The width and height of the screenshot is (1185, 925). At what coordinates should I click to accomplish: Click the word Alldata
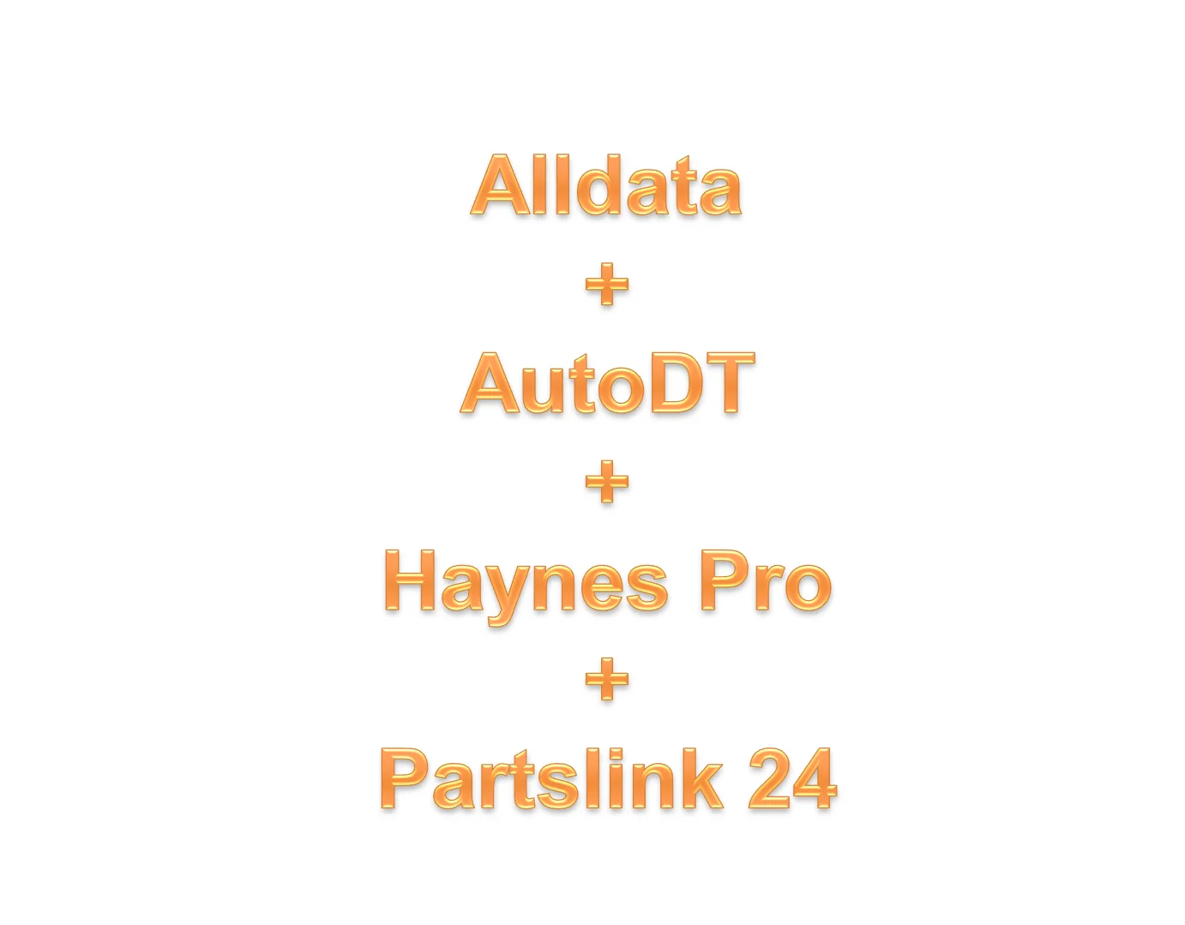[x=606, y=185]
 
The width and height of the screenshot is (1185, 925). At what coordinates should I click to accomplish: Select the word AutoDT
[x=607, y=383]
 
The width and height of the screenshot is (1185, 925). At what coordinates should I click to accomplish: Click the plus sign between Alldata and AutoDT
[x=607, y=285]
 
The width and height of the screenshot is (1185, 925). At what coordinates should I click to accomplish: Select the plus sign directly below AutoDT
[x=607, y=483]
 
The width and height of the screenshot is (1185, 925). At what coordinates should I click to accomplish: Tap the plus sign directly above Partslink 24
[x=607, y=681]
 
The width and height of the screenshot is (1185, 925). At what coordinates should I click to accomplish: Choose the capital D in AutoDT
[x=677, y=383]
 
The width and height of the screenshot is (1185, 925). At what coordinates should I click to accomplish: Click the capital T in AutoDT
[x=727, y=383]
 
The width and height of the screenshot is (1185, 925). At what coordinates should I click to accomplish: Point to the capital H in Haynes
[x=414, y=581]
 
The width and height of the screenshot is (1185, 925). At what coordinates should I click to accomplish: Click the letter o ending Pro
[x=806, y=587]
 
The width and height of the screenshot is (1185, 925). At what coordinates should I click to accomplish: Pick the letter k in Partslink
[x=699, y=779]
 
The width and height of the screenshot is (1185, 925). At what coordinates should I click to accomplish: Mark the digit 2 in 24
[x=769, y=778]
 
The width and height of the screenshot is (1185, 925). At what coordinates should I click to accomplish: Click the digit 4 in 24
[x=815, y=778]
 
